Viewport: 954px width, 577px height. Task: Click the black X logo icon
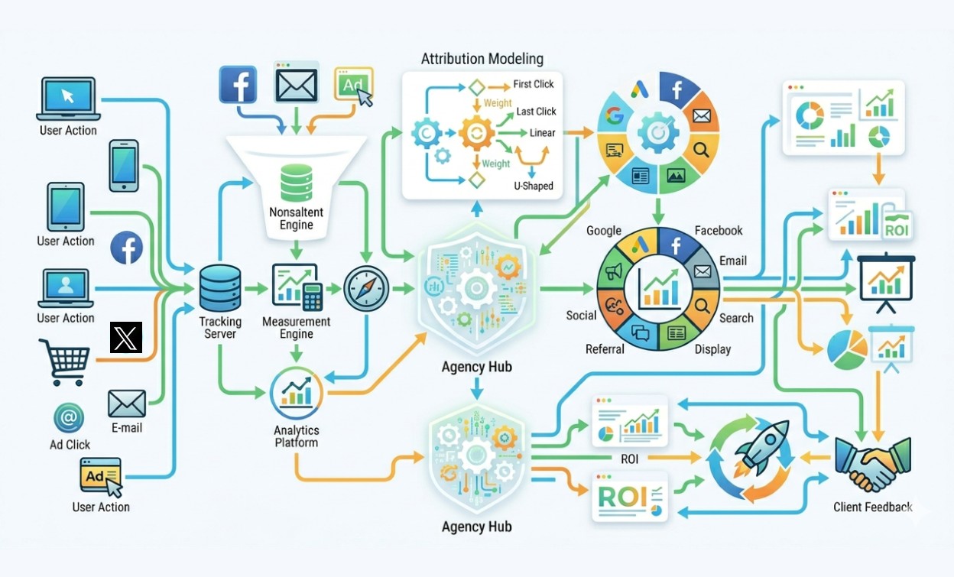[126, 337]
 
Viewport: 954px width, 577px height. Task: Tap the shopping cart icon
[65, 362]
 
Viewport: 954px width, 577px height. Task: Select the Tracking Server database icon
[219, 288]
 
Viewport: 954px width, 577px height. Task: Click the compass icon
[366, 288]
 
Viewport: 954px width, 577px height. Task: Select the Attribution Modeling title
[482, 59]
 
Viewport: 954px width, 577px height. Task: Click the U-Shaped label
[534, 186]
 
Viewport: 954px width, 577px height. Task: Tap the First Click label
[534, 84]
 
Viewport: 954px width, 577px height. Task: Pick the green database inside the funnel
[297, 183]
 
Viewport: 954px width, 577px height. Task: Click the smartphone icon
[124, 166]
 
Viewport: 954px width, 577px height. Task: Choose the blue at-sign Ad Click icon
[69, 418]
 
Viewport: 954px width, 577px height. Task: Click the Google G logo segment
[613, 115]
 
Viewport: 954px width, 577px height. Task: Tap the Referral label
[605, 349]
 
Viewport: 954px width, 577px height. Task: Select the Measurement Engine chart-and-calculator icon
[297, 287]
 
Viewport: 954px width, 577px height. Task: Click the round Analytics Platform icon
[297, 393]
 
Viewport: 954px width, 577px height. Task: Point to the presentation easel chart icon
[886, 282]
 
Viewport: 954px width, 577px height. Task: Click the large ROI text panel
[630, 497]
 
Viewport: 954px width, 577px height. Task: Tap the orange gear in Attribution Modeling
[476, 133]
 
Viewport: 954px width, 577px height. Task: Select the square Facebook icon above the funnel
[238, 84]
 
